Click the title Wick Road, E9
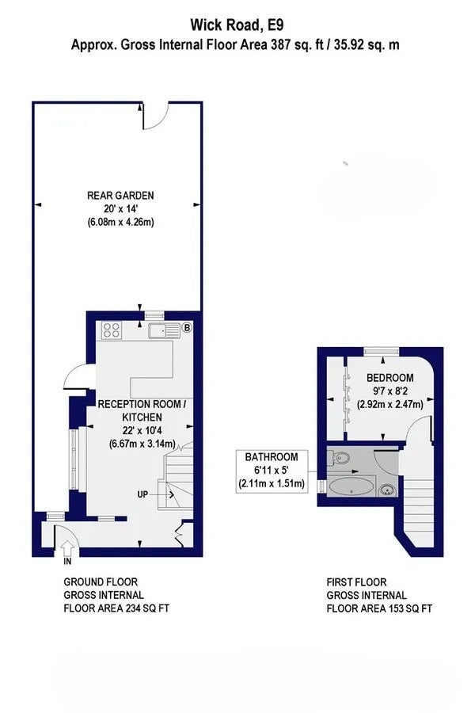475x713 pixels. click(x=237, y=25)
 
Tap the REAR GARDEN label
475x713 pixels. click(x=120, y=196)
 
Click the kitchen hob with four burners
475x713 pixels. click(x=112, y=330)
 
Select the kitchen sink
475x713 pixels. click(x=164, y=330)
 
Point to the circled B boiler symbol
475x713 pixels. click(x=186, y=327)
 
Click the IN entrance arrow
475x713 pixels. click(x=68, y=548)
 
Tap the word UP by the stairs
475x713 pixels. click(x=142, y=494)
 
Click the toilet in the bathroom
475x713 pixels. click(x=339, y=457)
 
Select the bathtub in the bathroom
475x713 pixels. click(x=351, y=487)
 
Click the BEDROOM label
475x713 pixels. click(x=390, y=377)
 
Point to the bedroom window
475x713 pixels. click(x=382, y=350)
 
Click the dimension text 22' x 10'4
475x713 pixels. click(x=142, y=430)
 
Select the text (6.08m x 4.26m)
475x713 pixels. click(x=120, y=223)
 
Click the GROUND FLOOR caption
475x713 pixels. click(x=101, y=582)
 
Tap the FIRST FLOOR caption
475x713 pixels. click(x=357, y=582)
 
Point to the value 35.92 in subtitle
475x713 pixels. click(x=348, y=45)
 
